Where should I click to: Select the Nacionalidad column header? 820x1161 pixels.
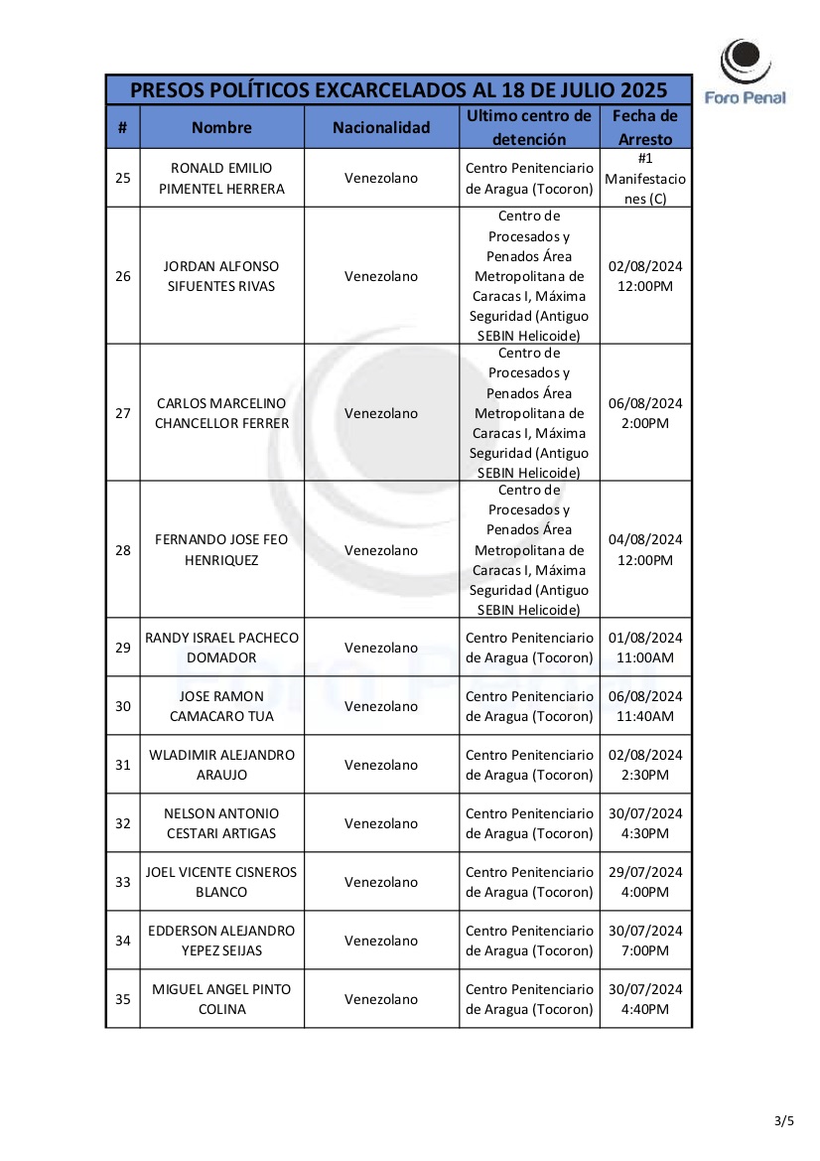click(381, 127)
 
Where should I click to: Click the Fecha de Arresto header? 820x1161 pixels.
click(645, 127)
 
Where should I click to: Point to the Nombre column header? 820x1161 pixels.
click(221, 127)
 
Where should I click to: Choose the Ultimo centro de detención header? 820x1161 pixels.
click(529, 127)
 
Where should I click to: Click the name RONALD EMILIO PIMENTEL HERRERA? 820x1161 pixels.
click(221, 178)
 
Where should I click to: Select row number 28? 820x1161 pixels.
click(123, 550)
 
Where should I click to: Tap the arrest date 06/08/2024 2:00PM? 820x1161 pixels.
click(645, 413)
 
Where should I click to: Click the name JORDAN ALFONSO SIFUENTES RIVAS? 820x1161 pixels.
click(221, 276)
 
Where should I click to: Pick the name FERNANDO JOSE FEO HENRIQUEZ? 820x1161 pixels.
click(221, 550)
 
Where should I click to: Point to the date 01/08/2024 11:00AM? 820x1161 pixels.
click(645, 648)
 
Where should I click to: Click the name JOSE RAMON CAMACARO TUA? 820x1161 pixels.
click(221, 706)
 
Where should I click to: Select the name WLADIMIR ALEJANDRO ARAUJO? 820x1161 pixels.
click(221, 765)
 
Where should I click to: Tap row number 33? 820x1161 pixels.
click(123, 882)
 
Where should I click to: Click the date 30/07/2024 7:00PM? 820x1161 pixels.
click(645, 941)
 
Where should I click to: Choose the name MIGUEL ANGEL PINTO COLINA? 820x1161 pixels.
click(221, 999)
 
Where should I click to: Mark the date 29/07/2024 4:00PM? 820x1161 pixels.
click(645, 882)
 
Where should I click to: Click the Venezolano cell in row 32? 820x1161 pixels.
click(381, 823)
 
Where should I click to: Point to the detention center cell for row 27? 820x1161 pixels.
click(529, 413)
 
